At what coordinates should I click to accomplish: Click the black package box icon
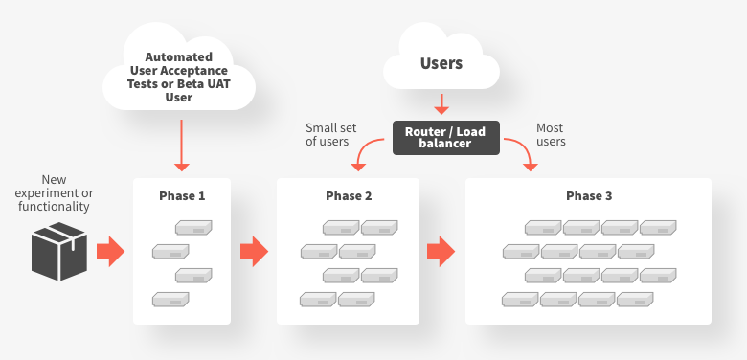(x=59, y=252)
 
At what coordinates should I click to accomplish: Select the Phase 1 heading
(x=182, y=195)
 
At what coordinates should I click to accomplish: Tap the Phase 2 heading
(x=349, y=195)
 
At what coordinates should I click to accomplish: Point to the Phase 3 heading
(x=589, y=195)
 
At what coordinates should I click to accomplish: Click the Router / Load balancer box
(x=445, y=137)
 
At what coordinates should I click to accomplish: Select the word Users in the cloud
(x=441, y=64)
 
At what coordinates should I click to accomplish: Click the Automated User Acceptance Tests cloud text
(x=179, y=77)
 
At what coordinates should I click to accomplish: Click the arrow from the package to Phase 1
(x=110, y=252)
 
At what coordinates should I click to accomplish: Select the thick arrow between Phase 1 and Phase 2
(x=253, y=252)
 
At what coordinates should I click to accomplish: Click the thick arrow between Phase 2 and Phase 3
(x=440, y=252)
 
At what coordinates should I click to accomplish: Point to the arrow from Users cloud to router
(x=441, y=103)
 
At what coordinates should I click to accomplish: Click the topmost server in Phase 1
(x=192, y=228)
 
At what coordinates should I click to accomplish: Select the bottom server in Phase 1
(x=170, y=300)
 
